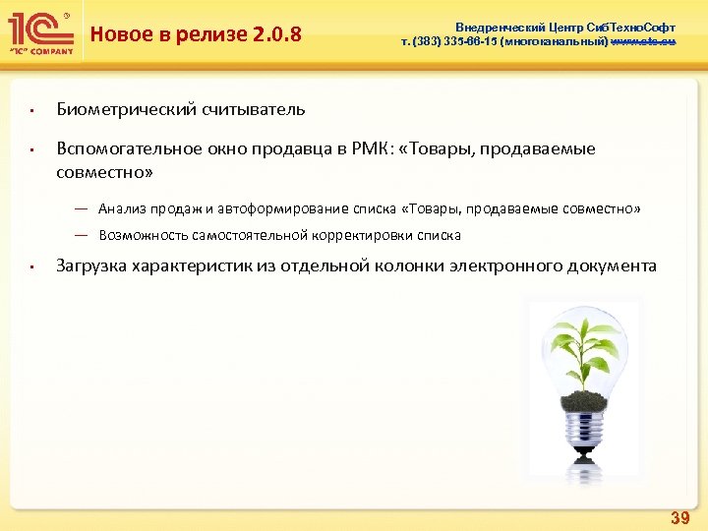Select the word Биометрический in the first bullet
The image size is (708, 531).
(123, 108)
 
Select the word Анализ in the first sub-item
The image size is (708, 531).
(121, 208)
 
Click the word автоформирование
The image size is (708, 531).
(277, 208)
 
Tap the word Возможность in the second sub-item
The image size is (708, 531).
(146, 235)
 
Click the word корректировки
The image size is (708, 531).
(369, 235)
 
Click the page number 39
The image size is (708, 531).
(678, 517)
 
